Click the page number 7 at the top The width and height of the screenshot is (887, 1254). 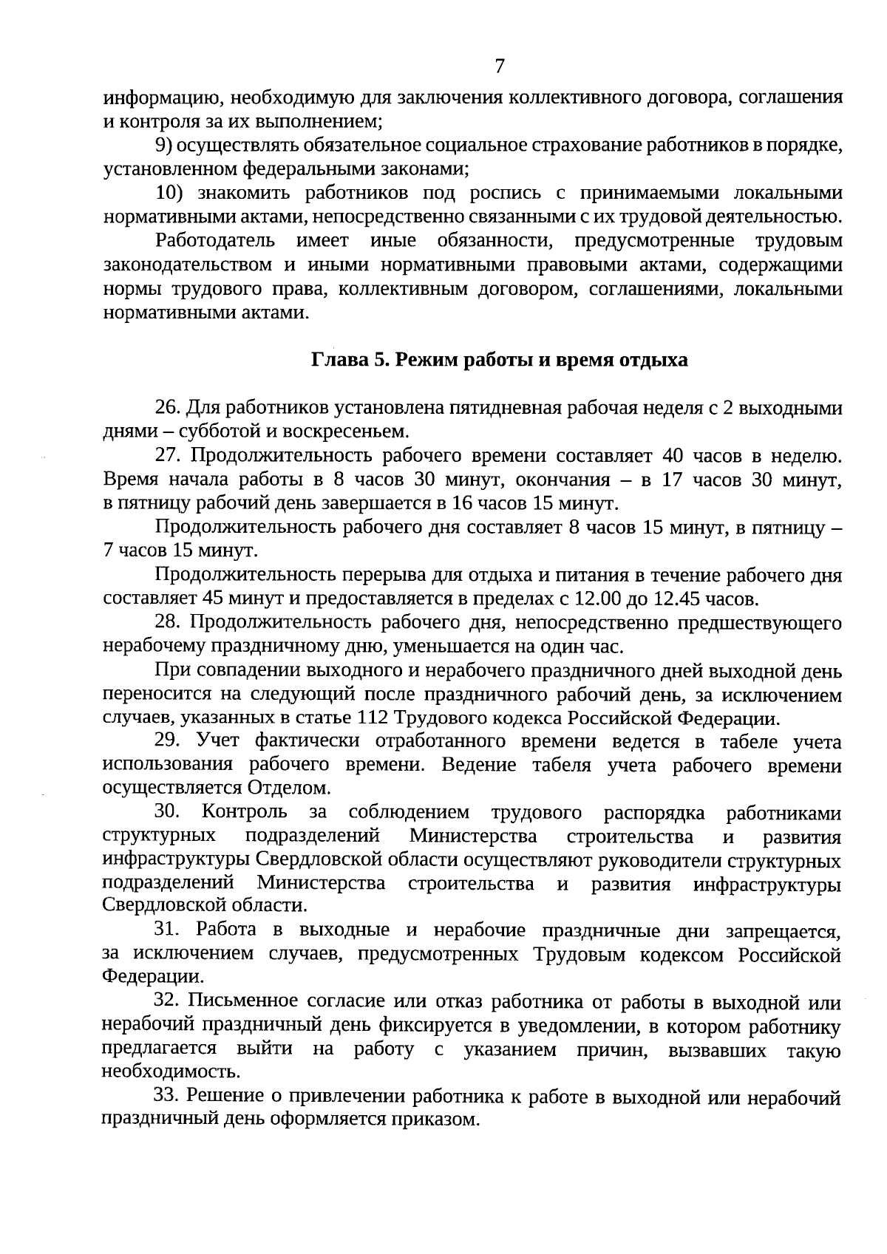click(x=499, y=67)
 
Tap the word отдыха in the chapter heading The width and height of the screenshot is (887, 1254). click(x=655, y=360)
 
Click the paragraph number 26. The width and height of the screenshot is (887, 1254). click(x=167, y=408)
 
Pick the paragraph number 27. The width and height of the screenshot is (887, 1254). click(x=167, y=456)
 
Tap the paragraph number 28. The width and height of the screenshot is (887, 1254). click(x=167, y=623)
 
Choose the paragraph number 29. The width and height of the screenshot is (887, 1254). click(x=167, y=741)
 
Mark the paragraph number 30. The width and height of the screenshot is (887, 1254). click(x=167, y=812)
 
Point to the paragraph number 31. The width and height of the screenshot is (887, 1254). click(x=167, y=930)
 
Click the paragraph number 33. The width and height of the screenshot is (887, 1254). click(x=167, y=1097)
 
